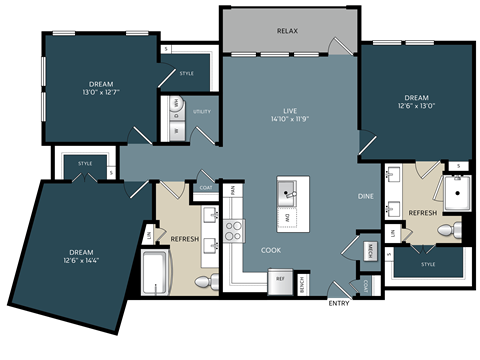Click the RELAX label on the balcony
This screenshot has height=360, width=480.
(288, 31)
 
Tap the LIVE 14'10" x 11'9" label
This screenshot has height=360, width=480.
(288, 114)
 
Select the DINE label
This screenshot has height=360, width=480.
(366, 196)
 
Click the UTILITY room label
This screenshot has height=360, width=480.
(202, 112)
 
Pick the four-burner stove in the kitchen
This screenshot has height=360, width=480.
(235, 232)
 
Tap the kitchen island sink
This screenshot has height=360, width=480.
(292, 190)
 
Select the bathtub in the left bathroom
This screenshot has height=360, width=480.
(157, 274)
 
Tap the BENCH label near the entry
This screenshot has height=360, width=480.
(302, 284)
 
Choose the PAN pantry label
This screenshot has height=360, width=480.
(231, 189)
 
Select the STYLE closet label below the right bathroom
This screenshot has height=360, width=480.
(428, 265)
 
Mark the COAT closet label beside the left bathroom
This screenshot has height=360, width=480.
(206, 186)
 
